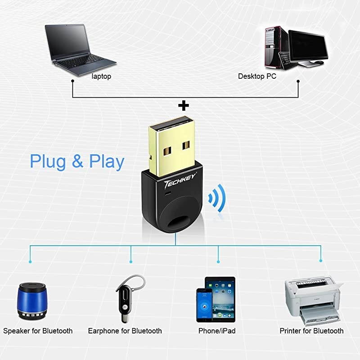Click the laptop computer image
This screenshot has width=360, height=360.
pyautogui.click(x=76, y=47)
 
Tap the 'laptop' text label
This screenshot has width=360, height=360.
pyautogui.click(x=101, y=76)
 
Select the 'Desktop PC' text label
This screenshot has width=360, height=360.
pyautogui.click(x=257, y=76)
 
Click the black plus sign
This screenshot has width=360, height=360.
pyautogui.click(x=183, y=106)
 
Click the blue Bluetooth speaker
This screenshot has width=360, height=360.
pyautogui.click(x=32, y=301)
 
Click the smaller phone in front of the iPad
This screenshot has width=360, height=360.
pyautogui.click(x=204, y=305)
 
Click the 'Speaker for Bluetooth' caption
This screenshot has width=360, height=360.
pyautogui.click(x=38, y=331)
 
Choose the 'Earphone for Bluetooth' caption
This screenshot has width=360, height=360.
pyautogui.click(x=125, y=331)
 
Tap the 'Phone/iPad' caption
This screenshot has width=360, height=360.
pyautogui.click(x=217, y=331)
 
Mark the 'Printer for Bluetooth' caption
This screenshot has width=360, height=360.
pyautogui.click(x=311, y=331)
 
